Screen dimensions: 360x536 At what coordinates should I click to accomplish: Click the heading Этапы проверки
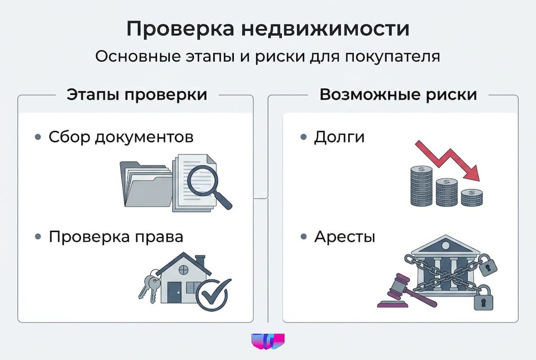tap(136, 94)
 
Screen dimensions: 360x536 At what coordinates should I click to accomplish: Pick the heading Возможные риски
tap(398, 94)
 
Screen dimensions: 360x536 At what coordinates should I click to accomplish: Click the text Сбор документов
tap(121, 137)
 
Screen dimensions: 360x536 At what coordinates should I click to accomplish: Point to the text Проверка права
tap(116, 236)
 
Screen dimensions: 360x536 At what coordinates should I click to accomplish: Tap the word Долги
tap(339, 137)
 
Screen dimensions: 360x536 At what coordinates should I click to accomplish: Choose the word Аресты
tap(345, 236)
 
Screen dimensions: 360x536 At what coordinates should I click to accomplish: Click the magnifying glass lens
tap(204, 179)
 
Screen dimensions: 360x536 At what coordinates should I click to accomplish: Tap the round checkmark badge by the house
tap(213, 293)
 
